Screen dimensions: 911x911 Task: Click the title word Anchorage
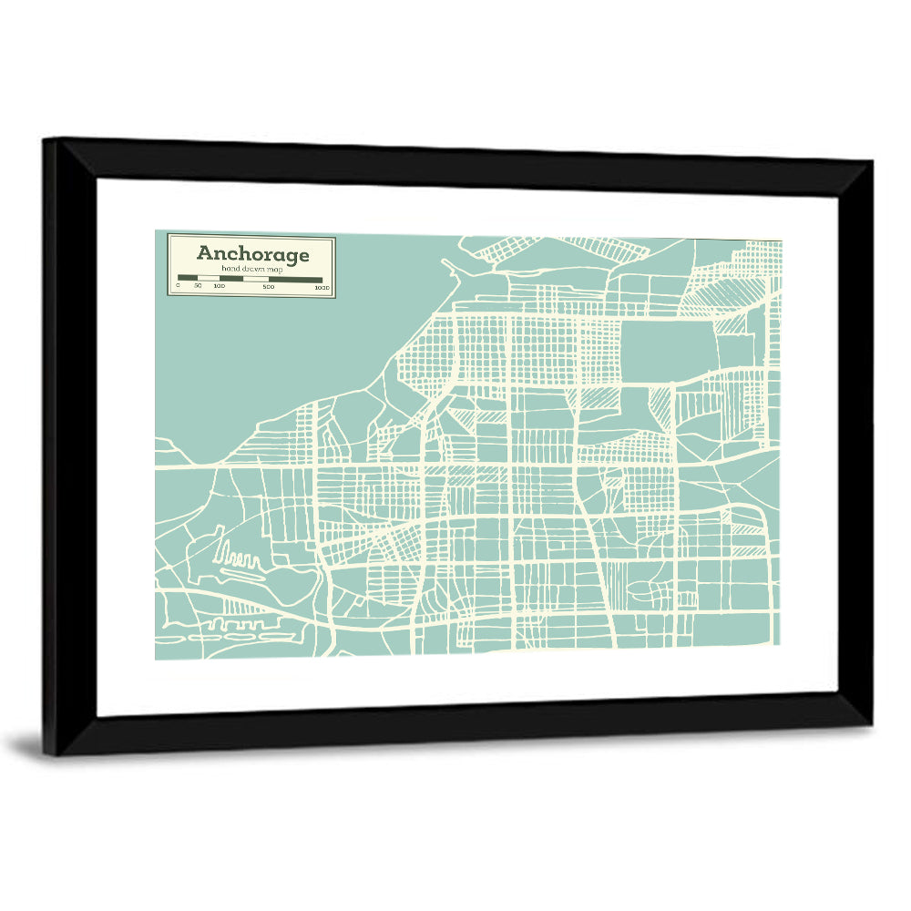pyautogui.click(x=252, y=254)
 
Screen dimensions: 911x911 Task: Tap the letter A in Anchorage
pyautogui.click(x=205, y=253)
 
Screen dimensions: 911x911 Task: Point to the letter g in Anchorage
pyautogui.click(x=292, y=256)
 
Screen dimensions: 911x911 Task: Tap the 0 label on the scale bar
pyautogui.click(x=178, y=287)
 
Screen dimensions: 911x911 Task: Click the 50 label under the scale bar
pyautogui.click(x=198, y=287)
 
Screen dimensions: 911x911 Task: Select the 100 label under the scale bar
pyautogui.click(x=220, y=287)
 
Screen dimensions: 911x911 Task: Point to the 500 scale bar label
pyautogui.click(x=268, y=287)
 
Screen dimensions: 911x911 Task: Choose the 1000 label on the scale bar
pyautogui.click(x=321, y=287)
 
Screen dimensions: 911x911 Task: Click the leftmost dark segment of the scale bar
pyautogui.click(x=188, y=279)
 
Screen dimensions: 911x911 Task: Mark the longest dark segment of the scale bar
pyautogui.click(x=295, y=279)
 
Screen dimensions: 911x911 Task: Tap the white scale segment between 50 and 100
pyautogui.click(x=209, y=279)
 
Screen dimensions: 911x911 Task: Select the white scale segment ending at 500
pyautogui.click(x=244, y=279)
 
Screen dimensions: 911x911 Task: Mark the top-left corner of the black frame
pyautogui.click(x=46, y=141)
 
